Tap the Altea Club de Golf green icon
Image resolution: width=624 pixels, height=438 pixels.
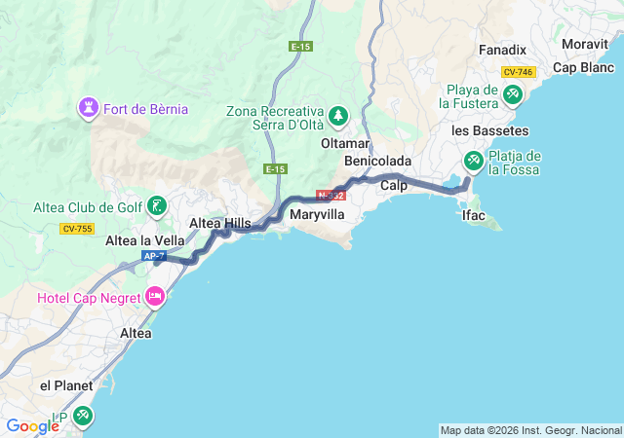pyautogui.click(x=157, y=206)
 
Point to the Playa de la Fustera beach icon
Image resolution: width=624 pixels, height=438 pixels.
pyautogui.click(x=513, y=94)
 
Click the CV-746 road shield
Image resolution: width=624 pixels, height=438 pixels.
pyautogui.click(x=518, y=72)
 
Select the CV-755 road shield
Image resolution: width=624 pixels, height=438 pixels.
pyautogui.click(x=75, y=229)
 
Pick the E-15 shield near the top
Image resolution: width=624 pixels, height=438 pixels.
pyautogui.click(x=300, y=46)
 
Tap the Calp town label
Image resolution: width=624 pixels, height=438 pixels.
pyautogui.click(x=394, y=184)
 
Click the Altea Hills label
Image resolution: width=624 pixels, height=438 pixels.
pyautogui.click(x=219, y=223)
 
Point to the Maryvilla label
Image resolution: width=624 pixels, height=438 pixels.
pyautogui.click(x=318, y=213)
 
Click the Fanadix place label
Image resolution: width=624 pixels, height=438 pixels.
pyautogui.click(x=503, y=49)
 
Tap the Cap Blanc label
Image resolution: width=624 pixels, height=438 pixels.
pyautogui.click(x=583, y=67)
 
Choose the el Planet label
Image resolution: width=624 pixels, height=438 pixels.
pyautogui.click(x=66, y=385)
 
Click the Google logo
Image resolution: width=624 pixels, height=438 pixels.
pyautogui.click(x=32, y=426)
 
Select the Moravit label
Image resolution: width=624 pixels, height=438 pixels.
pyautogui.click(x=586, y=44)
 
